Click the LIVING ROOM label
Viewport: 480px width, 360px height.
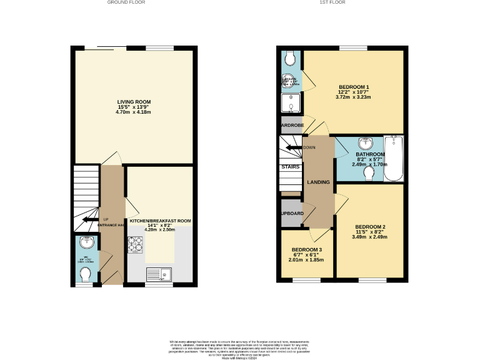coord(134,102)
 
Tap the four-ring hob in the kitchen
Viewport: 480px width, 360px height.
coord(135,244)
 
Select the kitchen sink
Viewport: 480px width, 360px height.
coord(158,273)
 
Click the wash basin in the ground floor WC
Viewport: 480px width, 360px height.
coord(86,244)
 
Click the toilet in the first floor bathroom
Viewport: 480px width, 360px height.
coord(369,174)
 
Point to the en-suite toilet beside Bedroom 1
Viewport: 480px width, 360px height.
coord(289,59)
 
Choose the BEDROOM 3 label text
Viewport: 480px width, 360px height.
coord(306,249)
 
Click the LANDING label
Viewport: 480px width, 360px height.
coord(317,182)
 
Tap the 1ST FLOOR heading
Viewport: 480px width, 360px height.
coord(332,3)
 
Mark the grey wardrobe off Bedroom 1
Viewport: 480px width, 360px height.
coord(291,124)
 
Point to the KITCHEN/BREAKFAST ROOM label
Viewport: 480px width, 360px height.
coord(160,221)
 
